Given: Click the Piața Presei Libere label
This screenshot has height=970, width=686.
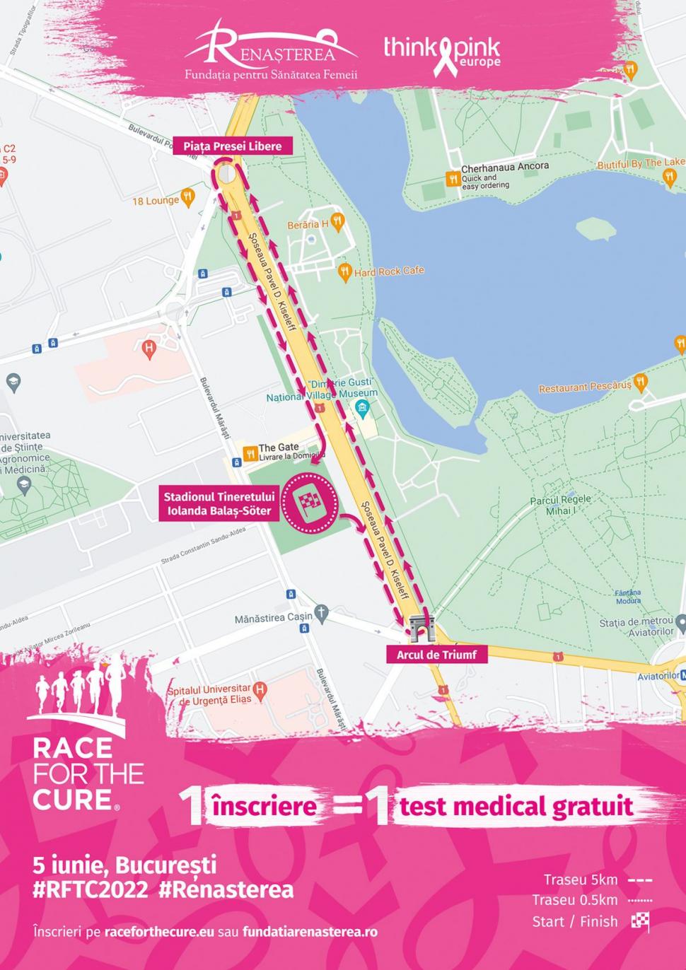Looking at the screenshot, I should [x=232, y=146].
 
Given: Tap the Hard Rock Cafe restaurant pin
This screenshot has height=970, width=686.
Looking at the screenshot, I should [x=345, y=271].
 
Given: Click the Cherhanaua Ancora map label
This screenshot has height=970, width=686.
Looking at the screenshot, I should [x=504, y=168].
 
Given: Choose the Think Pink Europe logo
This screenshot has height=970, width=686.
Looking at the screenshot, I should [x=442, y=52].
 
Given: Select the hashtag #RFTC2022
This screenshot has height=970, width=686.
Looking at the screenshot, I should [x=91, y=889].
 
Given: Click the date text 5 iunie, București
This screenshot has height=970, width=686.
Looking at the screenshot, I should [x=124, y=865].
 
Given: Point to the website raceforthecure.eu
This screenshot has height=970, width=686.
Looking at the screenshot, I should [x=158, y=932].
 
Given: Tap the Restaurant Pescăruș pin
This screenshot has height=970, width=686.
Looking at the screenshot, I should [x=641, y=383].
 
